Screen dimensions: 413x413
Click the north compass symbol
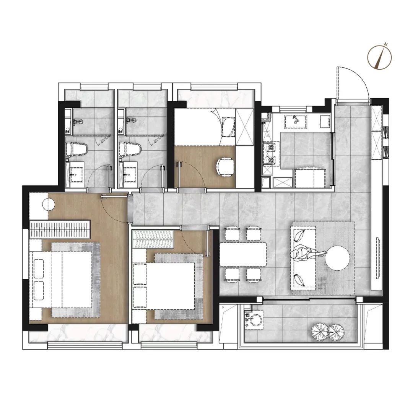(379, 57)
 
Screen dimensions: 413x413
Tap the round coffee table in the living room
(337, 258)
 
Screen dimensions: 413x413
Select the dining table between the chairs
(243, 254)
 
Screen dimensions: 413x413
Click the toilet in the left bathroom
(76, 150)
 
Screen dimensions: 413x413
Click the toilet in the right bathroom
(130, 150)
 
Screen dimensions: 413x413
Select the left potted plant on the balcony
(320, 332)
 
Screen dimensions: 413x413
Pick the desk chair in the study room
(225, 167)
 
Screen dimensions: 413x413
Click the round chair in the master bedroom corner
(48, 204)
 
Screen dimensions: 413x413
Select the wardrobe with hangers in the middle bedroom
(153, 239)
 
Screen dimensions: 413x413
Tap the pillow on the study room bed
(228, 127)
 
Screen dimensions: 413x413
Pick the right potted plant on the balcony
(336, 332)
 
